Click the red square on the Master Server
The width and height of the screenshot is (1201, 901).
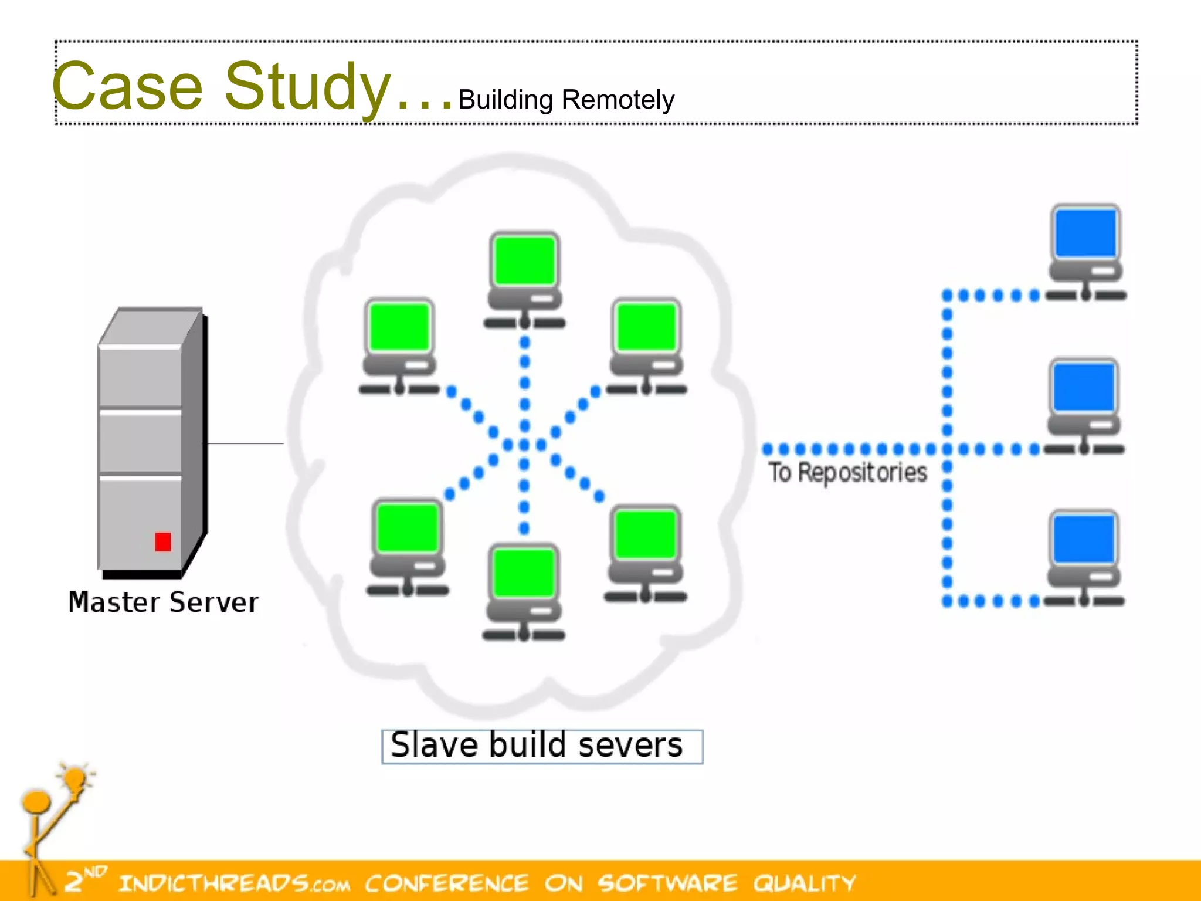click(163, 541)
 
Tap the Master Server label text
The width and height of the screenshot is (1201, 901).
click(163, 602)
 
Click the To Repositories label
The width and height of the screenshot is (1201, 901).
click(847, 473)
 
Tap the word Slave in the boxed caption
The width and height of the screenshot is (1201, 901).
click(434, 746)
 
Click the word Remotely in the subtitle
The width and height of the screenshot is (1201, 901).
click(618, 100)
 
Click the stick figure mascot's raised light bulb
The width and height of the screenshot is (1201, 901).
click(75, 779)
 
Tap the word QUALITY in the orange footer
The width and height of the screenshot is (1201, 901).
click(805, 883)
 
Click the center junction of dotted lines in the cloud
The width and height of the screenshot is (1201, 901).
click(524, 445)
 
